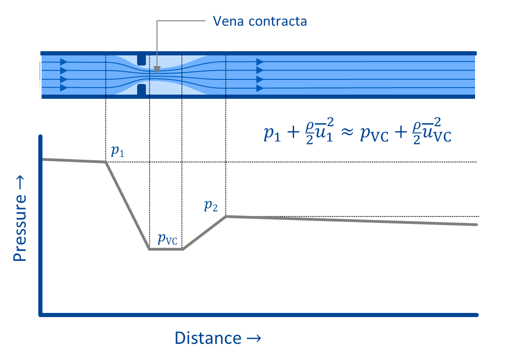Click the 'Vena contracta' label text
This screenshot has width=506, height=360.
[259, 21]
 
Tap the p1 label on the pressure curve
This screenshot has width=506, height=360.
[117, 152]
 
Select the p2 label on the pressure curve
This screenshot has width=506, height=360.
[211, 206]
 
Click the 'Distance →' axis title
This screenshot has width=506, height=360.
[218, 338]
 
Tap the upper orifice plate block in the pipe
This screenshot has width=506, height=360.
[142, 60]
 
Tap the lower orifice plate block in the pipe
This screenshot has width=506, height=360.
[142, 89]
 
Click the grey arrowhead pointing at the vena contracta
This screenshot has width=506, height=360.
[157, 70]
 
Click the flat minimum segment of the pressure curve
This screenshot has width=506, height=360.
[166, 249]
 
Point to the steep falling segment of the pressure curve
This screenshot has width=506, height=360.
[128, 205]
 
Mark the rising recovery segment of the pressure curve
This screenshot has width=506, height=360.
[204, 233]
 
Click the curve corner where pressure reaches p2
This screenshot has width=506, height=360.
[226, 216]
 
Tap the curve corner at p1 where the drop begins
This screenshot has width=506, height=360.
[106, 162]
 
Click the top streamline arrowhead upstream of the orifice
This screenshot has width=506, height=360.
[64, 62]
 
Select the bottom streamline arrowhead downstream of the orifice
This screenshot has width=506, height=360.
[259, 88]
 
